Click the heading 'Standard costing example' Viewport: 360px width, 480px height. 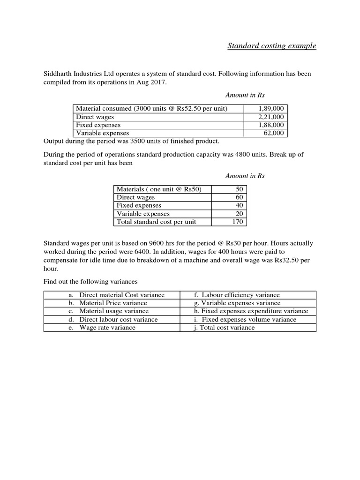click(x=271, y=46)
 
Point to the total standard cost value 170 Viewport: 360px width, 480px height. click(x=237, y=222)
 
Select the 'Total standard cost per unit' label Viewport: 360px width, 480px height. click(x=156, y=222)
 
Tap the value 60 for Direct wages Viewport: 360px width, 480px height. click(x=239, y=197)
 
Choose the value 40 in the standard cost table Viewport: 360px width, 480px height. click(x=239, y=205)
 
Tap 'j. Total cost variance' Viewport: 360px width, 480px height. click(x=224, y=327)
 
